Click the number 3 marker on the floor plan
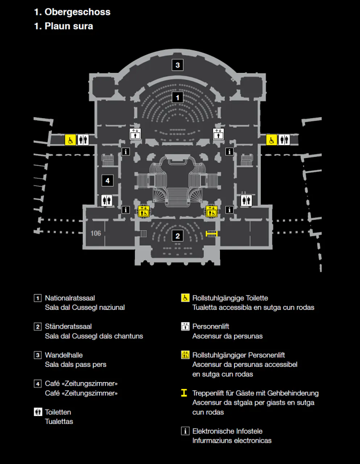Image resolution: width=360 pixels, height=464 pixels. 177,65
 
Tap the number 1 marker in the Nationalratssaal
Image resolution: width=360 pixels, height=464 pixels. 177,98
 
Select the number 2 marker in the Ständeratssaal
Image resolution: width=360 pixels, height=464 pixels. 177,236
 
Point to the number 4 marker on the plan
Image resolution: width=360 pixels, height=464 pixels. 107,181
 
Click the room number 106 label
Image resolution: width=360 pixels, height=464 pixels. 96,233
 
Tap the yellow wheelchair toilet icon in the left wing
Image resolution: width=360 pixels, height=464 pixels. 70,140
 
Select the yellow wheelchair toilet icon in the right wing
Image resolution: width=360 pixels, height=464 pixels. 272,140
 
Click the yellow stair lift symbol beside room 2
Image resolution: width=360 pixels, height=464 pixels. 211,234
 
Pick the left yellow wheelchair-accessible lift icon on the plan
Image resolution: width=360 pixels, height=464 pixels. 144,211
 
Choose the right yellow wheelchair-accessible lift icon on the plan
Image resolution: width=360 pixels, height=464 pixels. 212,211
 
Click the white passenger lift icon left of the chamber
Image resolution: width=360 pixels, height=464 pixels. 135,134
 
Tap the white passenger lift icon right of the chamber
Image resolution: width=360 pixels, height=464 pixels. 218,134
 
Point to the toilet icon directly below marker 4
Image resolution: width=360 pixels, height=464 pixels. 107,200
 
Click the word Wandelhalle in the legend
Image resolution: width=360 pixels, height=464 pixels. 64,355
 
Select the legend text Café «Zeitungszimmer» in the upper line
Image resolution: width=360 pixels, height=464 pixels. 81,384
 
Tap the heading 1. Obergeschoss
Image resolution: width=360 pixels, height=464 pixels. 72,12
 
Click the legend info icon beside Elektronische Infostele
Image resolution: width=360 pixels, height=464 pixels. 185,431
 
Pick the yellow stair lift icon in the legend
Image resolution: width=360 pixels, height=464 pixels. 184,393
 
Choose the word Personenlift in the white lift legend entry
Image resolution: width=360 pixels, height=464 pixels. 211,326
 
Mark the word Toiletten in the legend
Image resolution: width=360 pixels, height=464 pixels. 58,412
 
